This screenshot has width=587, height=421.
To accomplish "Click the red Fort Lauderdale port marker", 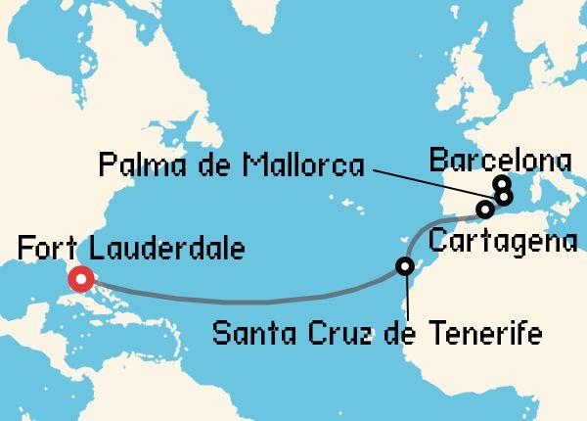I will (78, 280).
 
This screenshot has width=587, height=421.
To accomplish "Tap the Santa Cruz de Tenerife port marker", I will (404, 265).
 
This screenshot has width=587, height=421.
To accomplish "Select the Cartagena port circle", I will (483, 210).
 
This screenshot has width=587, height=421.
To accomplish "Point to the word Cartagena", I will (503, 241).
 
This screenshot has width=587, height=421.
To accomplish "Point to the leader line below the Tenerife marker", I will (404, 299).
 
